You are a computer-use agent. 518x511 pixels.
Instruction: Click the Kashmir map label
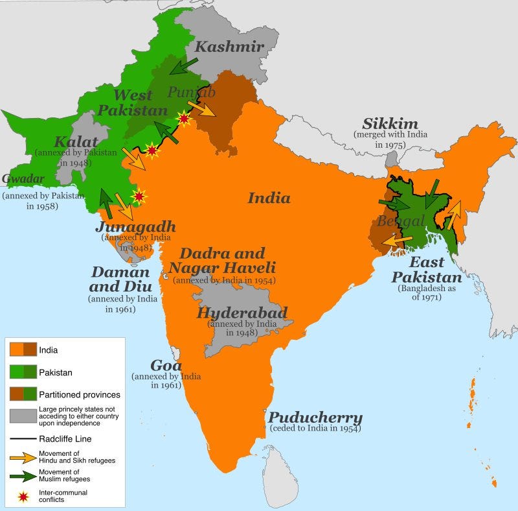click(x=229, y=47)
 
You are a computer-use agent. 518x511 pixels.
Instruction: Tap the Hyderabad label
click(x=242, y=313)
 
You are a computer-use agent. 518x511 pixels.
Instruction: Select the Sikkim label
click(x=390, y=124)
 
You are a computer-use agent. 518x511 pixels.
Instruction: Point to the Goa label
click(x=166, y=365)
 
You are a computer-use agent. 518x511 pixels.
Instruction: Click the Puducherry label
click(x=315, y=418)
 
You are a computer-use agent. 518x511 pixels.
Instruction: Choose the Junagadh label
click(x=135, y=226)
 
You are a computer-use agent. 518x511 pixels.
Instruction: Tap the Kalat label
click(x=76, y=142)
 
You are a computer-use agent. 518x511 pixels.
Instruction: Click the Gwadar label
click(x=23, y=178)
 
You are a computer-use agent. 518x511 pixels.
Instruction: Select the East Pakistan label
click(x=427, y=270)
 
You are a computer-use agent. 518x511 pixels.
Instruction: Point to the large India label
click(x=269, y=198)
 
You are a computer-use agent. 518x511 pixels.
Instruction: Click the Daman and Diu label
click(x=120, y=279)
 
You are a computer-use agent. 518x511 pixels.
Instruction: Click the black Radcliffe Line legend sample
click(x=24, y=439)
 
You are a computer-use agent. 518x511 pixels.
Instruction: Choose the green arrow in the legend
click(x=24, y=475)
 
